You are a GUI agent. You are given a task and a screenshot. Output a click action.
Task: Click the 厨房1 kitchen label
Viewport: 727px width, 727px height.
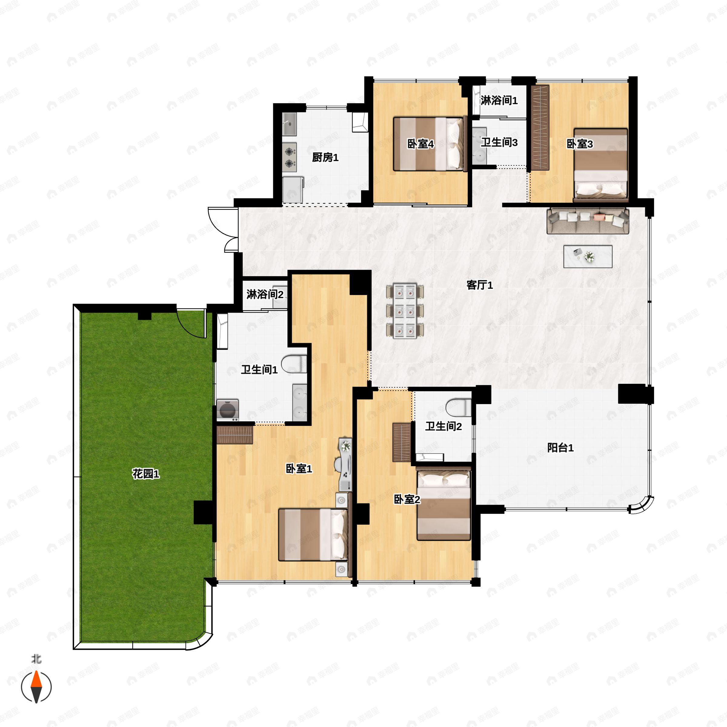325,157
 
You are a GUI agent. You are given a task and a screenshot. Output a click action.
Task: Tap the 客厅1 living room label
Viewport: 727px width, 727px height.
480,285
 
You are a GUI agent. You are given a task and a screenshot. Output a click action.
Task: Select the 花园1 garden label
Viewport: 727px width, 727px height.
146,474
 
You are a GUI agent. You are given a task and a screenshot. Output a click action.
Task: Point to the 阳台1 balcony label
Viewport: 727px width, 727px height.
560,448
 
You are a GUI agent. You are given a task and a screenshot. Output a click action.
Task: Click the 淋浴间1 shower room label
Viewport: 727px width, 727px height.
499,101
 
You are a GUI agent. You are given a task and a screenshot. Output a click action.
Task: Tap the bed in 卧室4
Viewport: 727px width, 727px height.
428,144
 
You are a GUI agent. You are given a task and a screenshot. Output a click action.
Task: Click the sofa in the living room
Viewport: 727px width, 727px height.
588,221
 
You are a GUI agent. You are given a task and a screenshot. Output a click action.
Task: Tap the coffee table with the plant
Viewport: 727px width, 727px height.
587,257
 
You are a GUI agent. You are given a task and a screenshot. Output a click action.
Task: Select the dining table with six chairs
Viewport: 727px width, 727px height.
405,311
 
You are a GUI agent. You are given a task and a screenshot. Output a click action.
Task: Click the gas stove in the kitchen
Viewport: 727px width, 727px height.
289,157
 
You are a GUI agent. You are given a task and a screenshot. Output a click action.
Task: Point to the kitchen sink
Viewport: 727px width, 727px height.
289,124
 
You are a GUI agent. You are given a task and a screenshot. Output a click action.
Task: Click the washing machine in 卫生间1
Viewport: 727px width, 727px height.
228,410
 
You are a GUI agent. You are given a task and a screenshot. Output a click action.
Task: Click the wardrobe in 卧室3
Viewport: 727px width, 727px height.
539,128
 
